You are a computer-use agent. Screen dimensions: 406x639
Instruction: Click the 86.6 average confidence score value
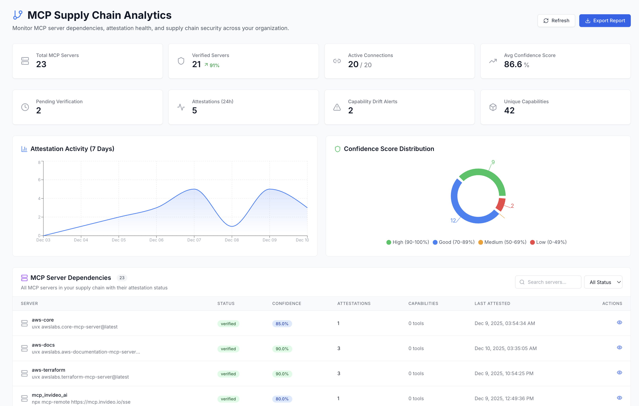point(513,64)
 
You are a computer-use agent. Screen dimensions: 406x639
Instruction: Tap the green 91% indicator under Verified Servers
point(212,65)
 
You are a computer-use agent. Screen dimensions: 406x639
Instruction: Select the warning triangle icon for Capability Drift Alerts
point(337,107)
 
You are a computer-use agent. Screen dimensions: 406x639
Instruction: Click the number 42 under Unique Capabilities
point(509,111)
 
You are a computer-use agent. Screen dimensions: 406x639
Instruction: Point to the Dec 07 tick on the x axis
point(194,240)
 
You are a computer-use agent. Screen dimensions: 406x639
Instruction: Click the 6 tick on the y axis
point(39,180)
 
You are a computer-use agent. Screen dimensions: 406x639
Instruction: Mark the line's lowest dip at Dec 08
point(232,226)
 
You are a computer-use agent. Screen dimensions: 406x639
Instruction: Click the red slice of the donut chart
point(500,204)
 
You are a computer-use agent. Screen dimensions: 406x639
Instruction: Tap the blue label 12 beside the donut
point(453,220)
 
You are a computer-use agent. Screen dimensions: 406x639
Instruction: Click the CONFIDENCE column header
point(286,303)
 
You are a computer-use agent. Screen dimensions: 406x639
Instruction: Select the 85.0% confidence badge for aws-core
point(282,324)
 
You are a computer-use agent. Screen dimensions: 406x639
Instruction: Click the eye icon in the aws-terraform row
point(619,373)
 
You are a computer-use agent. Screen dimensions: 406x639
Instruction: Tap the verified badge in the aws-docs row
point(228,349)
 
